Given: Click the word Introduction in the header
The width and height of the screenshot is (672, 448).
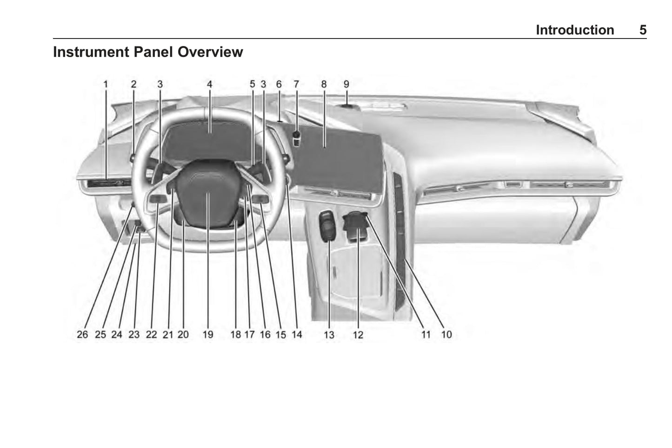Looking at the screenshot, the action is (x=575, y=30).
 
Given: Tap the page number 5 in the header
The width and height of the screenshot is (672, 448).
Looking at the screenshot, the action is (x=643, y=30).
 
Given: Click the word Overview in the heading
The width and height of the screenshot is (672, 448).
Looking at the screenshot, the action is (x=210, y=52).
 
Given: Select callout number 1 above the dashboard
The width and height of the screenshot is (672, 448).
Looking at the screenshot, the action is (x=106, y=84).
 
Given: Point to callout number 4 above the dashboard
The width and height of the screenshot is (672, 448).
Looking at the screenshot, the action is (x=209, y=84).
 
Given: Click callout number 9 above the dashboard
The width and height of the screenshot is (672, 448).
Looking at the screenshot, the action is (x=346, y=84).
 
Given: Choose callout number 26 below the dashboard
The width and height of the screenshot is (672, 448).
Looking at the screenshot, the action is (x=82, y=334).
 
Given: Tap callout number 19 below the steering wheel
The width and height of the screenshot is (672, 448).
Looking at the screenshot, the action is (x=208, y=334).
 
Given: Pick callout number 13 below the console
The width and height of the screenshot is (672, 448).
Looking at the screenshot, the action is (x=329, y=335).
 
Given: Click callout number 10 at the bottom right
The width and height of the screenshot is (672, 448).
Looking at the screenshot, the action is (x=446, y=334).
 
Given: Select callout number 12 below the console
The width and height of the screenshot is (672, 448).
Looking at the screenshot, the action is (x=358, y=335).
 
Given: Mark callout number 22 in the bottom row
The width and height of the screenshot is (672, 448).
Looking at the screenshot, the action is (x=152, y=334).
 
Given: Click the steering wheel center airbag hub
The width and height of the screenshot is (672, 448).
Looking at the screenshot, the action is (x=207, y=193).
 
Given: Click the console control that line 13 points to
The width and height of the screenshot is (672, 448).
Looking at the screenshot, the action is (x=327, y=226).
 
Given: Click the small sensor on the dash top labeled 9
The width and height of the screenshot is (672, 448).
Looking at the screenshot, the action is (x=347, y=105).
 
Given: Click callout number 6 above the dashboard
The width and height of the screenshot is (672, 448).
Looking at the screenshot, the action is (x=279, y=84).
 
